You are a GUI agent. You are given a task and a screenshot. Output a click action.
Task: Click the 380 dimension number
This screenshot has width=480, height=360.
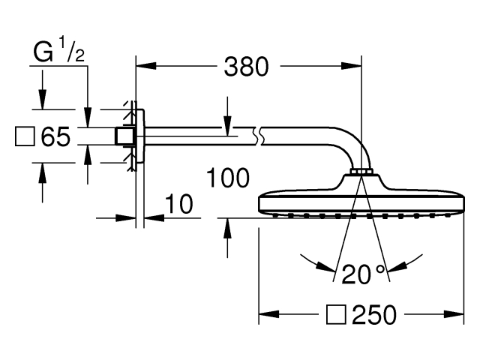pos(247,67)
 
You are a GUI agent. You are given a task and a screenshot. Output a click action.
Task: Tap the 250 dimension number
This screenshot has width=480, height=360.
pos(374,314)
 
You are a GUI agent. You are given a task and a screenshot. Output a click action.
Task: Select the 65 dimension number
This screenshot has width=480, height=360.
pos(55,136)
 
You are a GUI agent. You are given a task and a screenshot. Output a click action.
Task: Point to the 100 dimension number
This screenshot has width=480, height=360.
pos(228,178)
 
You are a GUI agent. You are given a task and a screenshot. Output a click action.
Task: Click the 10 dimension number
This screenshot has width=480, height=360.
pos(179,204)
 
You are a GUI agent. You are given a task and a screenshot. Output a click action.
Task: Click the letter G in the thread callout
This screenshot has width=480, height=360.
pos(43,52)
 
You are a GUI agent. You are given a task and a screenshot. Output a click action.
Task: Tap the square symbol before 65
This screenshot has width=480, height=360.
pos(25,136)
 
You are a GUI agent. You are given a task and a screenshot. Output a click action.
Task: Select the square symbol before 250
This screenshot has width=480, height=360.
pos(336,314)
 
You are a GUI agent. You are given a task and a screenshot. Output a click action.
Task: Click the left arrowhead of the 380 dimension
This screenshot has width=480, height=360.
pos(146,66)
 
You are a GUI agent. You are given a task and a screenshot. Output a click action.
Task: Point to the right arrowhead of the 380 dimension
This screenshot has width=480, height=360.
pos(352,66)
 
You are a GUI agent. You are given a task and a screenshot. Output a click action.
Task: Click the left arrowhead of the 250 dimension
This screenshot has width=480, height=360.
pos(269,314)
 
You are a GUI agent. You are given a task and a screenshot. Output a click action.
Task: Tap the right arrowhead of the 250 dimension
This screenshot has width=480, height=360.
pos(454,314)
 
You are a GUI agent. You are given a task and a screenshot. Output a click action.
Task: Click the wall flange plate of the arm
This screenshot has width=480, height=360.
pos(140,136)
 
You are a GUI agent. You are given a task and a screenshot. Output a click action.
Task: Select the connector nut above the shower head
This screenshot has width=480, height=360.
pos(361,172)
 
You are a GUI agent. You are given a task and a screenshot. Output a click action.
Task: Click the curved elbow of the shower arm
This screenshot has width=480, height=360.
pos(352,144)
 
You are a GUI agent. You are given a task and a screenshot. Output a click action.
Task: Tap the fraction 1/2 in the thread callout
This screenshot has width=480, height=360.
pos(71,50)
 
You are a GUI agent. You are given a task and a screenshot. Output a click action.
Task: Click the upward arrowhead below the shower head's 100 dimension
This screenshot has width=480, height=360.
pos(227,228)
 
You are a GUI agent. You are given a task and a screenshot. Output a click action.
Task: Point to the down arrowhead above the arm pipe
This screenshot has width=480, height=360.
pos(227,125)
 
